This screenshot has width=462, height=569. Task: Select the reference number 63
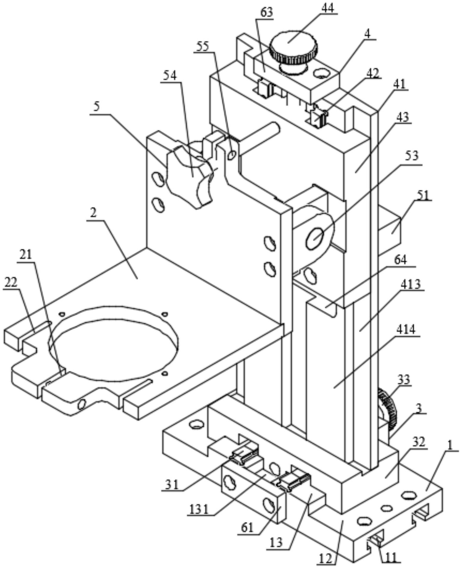[266, 13]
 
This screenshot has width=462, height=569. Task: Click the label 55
[203, 46]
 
